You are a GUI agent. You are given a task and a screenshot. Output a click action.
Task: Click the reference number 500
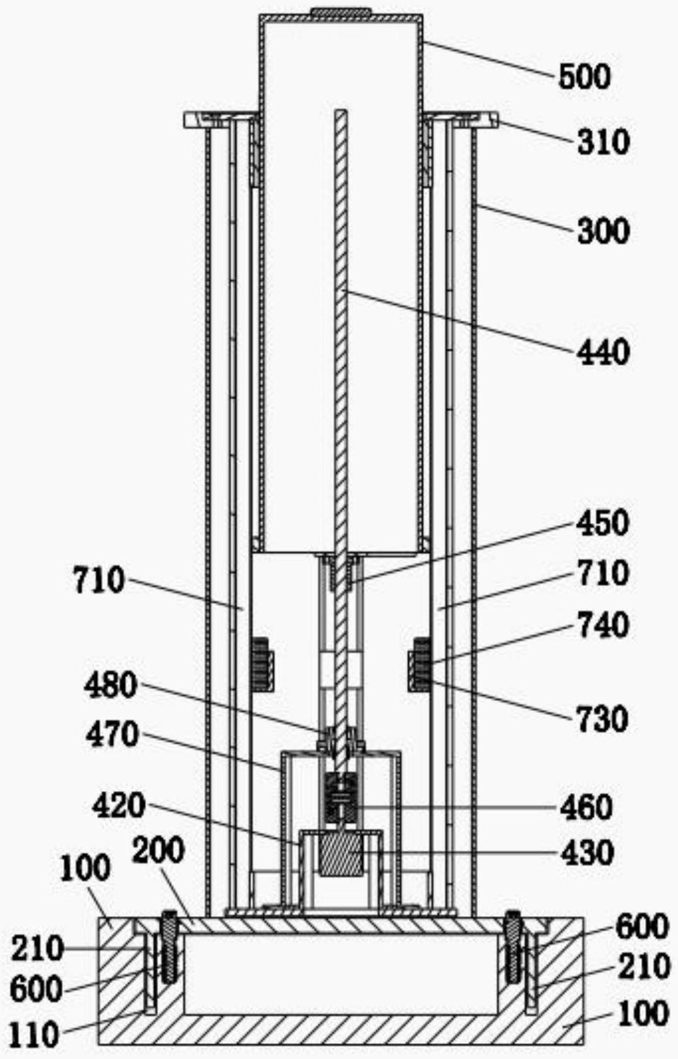584,77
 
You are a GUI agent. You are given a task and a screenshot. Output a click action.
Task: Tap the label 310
603,142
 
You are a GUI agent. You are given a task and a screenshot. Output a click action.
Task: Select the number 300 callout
603,230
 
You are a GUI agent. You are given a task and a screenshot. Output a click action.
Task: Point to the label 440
603,352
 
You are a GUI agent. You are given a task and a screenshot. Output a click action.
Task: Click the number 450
603,523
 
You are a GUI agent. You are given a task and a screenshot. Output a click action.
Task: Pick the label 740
603,625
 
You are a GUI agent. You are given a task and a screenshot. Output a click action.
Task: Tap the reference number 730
603,719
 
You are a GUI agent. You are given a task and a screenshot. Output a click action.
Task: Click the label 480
110,686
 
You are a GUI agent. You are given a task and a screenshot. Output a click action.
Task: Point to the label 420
119,806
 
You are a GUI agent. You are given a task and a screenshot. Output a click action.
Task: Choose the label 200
159,851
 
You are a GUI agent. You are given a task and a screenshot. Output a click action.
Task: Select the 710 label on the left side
99,580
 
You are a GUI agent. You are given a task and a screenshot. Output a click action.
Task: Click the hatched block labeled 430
342,855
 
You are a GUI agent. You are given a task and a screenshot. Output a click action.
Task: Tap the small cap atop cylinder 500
340,11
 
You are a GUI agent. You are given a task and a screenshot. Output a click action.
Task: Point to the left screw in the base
169,946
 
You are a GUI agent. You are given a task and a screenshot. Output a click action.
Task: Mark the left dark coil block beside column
261,664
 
